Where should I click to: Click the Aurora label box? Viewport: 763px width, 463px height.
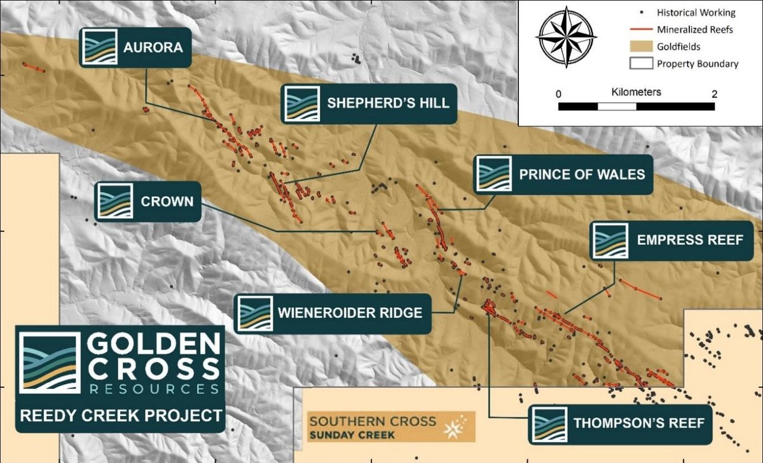(x=134, y=47)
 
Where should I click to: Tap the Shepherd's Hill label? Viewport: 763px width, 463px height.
(x=369, y=103)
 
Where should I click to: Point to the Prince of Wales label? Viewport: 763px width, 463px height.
(x=563, y=174)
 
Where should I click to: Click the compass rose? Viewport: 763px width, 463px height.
(x=565, y=37)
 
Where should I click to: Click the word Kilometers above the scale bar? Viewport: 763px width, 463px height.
(x=636, y=92)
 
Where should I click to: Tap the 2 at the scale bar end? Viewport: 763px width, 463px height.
(x=715, y=94)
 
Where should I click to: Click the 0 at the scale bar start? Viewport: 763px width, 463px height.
(x=558, y=94)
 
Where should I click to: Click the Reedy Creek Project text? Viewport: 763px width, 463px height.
(x=121, y=416)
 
